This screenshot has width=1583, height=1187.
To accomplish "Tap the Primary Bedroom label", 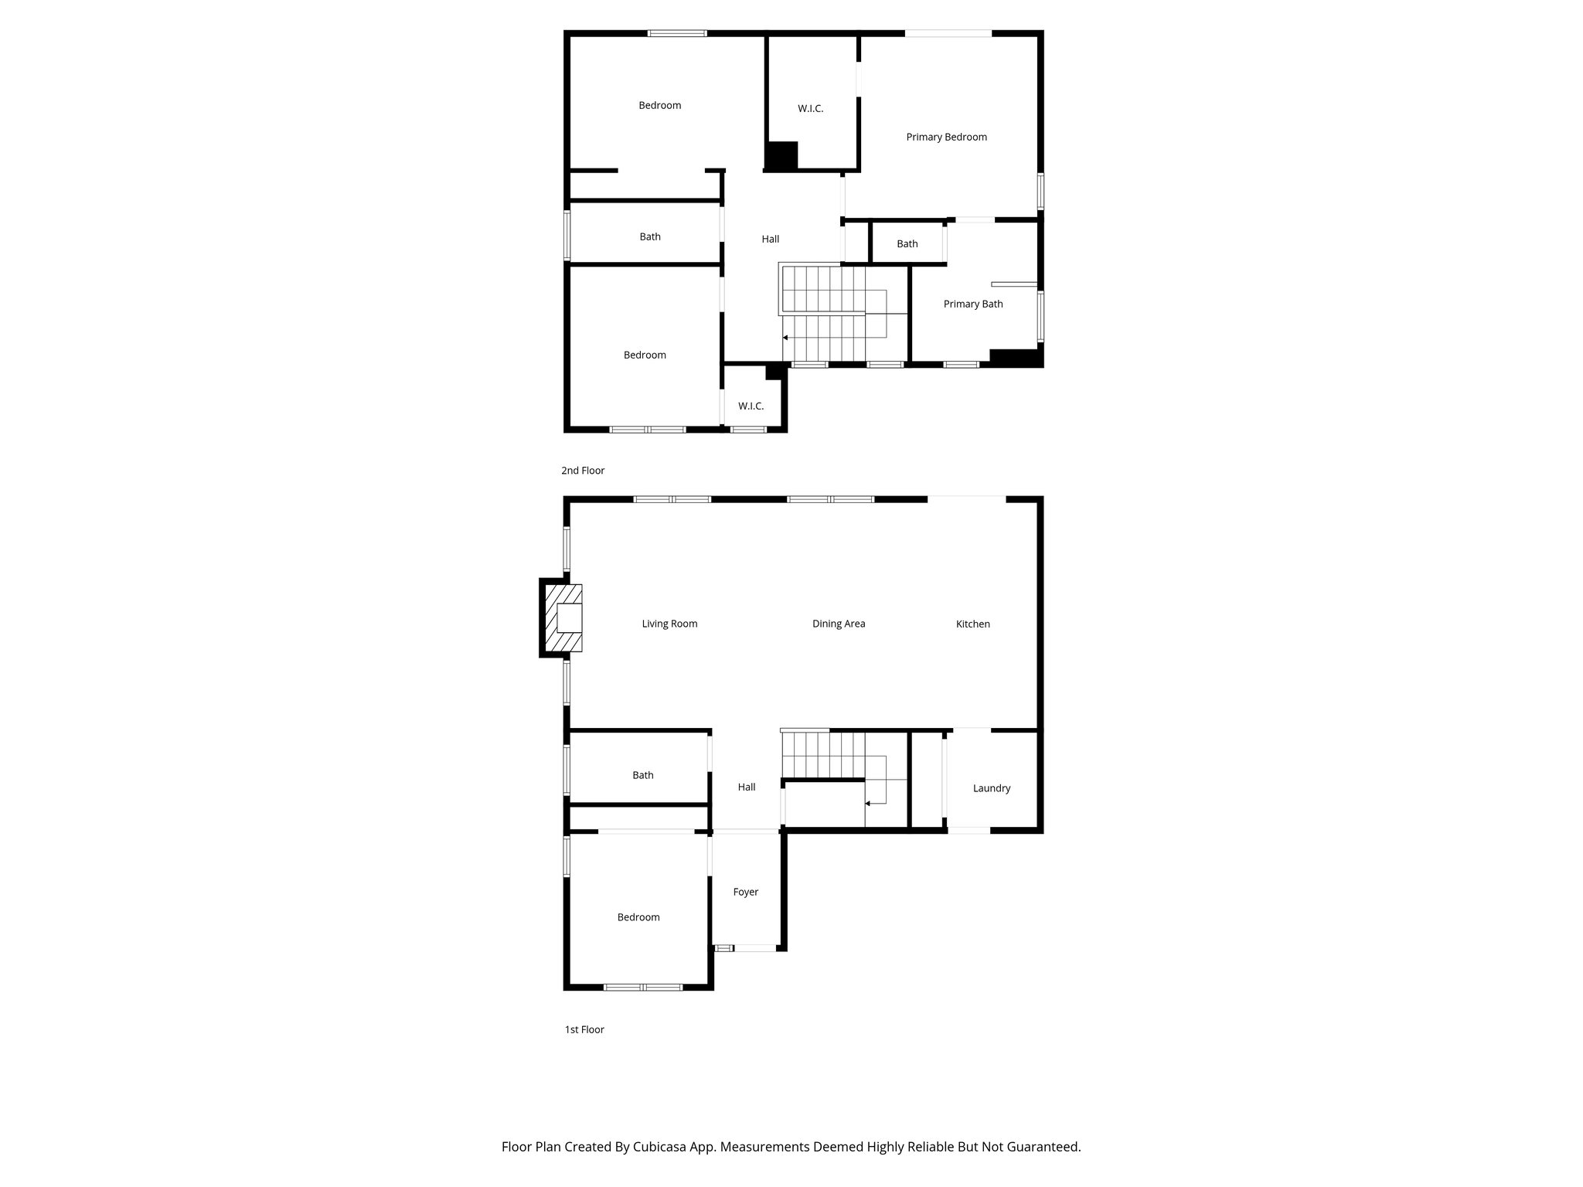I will point(946,138).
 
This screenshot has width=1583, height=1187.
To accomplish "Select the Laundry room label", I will point(991,788).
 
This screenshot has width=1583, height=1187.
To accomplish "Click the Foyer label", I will point(745,892).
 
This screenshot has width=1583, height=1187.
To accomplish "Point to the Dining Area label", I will point(838,624).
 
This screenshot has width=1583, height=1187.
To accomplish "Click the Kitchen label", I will point(972,624).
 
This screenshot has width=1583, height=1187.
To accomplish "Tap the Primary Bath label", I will point(972,304).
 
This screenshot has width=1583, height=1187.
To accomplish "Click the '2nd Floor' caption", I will point(582,471).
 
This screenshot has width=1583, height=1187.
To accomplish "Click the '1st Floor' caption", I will point(584,1029).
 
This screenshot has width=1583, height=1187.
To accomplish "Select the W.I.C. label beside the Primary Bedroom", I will point(810,109).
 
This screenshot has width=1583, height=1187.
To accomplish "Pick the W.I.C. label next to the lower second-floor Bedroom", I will point(751,406).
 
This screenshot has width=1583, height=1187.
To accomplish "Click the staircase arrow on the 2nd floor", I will point(786,338).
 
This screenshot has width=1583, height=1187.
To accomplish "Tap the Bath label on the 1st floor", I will point(642,775).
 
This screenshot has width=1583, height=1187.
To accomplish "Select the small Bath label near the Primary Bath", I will point(907,244).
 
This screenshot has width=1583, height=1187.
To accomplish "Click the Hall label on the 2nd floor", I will point(770,240).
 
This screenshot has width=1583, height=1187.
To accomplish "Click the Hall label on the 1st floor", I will point(746,787).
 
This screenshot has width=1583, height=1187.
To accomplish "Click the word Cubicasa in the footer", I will point(661,1147).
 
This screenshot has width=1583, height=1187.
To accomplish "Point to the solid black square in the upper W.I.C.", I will point(781,156).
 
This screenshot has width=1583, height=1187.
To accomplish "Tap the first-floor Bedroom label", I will point(638,917).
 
